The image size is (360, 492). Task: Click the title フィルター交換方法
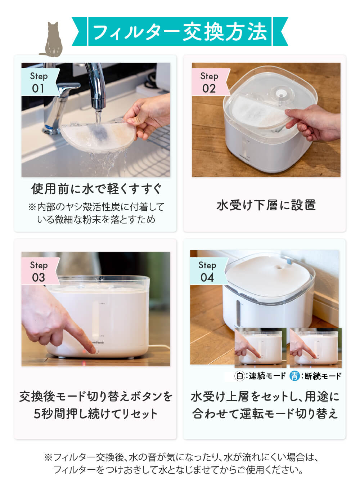180,32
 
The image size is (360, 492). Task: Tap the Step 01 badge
39,82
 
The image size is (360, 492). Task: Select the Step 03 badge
39,272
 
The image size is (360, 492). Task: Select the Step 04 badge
207,272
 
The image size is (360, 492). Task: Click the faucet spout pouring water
97,98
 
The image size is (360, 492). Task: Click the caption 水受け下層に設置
266,205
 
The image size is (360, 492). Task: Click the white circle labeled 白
239,376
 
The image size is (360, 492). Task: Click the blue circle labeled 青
295,376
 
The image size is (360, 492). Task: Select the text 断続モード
323,376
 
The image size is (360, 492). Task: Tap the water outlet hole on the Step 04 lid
278,268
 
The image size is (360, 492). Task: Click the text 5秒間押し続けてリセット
95,413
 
